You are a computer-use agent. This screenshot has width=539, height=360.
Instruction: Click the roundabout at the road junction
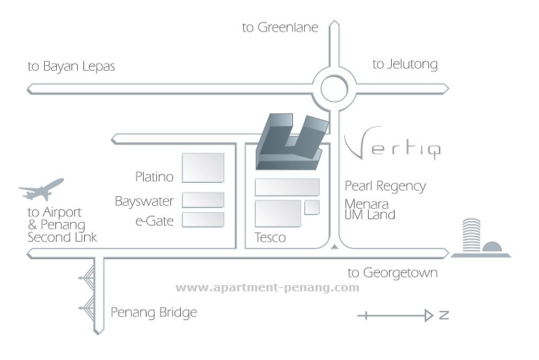pyautogui.click(x=334, y=88)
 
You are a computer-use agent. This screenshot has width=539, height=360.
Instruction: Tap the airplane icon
pyautogui.click(x=42, y=188)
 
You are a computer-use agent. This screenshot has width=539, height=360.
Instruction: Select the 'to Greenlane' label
pyautogui.click(x=280, y=28)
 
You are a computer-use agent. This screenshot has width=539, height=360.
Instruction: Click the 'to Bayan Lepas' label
pyautogui.click(x=71, y=67)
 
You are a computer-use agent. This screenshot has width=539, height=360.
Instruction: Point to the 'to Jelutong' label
pyautogui.click(x=404, y=64)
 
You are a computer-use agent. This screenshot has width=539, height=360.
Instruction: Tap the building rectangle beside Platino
pyautogui.click(x=203, y=168)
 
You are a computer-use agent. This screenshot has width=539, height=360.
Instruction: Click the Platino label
pyautogui.click(x=154, y=176)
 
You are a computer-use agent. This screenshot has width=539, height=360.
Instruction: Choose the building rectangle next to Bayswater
pyautogui.click(x=203, y=200)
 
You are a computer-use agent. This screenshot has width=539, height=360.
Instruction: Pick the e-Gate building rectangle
pyautogui.click(x=203, y=220)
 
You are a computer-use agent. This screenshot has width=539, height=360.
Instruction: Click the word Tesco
pyautogui.click(x=270, y=237)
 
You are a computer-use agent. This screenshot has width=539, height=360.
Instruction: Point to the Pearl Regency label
pyautogui.click(x=385, y=186)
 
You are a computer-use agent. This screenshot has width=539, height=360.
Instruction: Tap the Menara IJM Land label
pyautogui.click(x=369, y=209)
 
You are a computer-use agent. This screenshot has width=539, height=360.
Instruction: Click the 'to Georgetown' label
pyautogui.click(x=393, y=273)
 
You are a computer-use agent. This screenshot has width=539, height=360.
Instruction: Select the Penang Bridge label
pyautogui.click(x=153, y=312)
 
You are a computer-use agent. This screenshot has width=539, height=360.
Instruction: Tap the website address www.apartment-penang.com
pyautogui.click(x=267, y=287)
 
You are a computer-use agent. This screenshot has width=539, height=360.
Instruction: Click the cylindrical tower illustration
pyautogui.click(x=472, y=236)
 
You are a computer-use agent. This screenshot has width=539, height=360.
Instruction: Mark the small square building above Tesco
pyautogui.click(x=312, y=207)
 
